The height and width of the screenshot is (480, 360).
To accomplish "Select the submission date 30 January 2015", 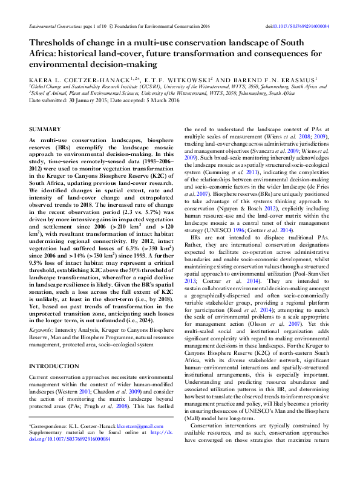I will point(89,100).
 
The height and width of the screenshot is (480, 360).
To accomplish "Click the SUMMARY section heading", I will point(45,129).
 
